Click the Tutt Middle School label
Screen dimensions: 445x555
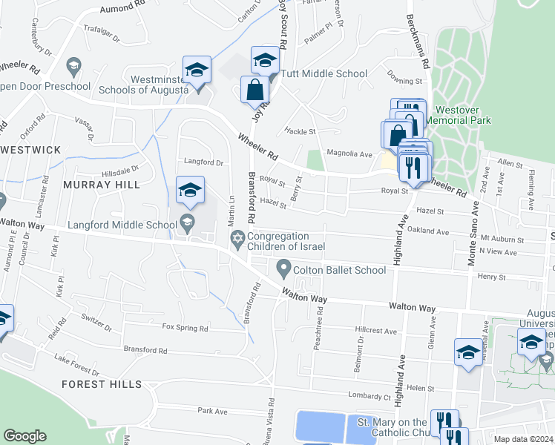tap(324, 73)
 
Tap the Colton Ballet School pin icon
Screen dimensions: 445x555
tap(283, 267)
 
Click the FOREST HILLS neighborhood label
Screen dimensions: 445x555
tap(101, 384)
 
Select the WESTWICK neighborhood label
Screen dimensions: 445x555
tap(31, 150)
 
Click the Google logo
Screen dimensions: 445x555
tap(24, 436)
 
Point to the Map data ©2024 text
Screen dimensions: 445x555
tap(523, 439)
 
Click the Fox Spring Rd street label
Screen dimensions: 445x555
tap(185, 327)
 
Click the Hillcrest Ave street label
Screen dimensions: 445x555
tap(376, 331)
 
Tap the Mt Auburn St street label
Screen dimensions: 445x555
tap(502, 240)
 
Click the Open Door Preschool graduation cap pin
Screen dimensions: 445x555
tap(73, 67)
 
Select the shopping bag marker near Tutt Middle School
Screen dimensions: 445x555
tap(254, 90)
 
